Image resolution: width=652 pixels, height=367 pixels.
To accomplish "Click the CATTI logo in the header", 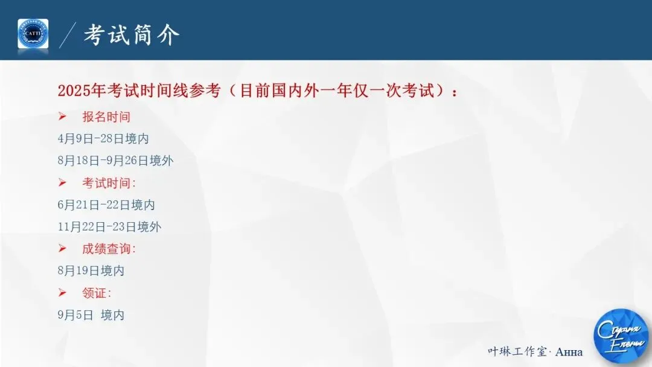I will click(33, 34).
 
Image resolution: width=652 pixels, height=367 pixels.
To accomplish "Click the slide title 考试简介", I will click(131, 35).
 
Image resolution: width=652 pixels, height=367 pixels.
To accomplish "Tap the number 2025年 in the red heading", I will click(81, 91).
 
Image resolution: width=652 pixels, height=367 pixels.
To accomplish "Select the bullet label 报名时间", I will click(106, 117).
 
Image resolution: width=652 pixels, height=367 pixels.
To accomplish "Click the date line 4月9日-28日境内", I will click(103, 139).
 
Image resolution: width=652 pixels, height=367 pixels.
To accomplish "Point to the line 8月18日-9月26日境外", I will click(116, 161).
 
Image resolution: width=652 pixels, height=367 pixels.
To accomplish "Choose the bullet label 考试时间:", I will click(109, 183).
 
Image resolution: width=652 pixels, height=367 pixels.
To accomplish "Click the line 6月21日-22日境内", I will click(106, 205).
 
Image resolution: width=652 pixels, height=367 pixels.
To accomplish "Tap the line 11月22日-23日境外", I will click(109, 227).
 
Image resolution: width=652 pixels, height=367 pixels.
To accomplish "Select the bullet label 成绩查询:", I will click(109, 249).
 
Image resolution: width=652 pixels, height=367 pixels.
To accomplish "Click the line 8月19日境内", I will click(91, 271).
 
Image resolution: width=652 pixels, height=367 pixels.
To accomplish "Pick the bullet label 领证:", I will click(97, 293).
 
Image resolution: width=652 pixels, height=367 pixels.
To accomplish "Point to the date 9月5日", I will click(75, 315).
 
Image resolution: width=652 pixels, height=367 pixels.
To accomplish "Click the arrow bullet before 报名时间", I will click(62, 116).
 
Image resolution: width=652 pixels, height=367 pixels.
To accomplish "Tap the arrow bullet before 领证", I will click(62, 293).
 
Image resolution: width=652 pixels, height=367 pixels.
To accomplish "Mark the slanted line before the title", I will click(68, 35).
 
